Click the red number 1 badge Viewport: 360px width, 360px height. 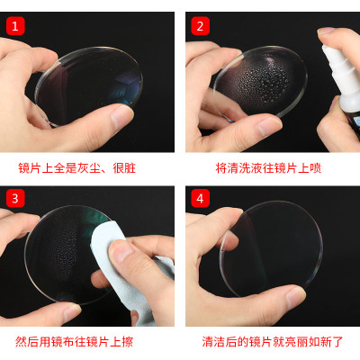coord(15,26)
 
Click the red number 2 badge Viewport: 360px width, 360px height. coord(200,26)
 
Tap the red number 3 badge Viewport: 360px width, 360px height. coord(15,198)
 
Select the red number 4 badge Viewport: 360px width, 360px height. coord(200,198)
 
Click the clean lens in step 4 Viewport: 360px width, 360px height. coord(272,249)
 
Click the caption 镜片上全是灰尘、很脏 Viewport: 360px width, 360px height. coord(77,168)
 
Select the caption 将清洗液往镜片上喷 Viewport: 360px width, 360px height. coord(268,168)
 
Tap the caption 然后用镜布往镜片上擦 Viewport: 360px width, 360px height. coord(74,342)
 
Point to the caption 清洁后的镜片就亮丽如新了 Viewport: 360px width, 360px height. coord(273,342)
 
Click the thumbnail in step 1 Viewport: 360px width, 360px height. coord(120,116)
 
